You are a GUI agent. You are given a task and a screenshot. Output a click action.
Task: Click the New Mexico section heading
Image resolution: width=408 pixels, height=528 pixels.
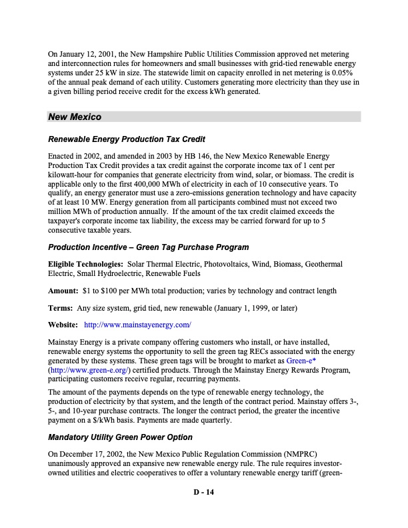point(75,117)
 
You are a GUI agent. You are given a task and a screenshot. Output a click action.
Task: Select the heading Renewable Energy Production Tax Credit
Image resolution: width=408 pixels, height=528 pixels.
point(126,139)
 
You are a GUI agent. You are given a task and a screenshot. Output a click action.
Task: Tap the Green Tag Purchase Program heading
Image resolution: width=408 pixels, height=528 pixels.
point(148,247)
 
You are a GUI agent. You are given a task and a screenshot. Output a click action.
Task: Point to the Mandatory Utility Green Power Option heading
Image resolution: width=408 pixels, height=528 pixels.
point(120,437)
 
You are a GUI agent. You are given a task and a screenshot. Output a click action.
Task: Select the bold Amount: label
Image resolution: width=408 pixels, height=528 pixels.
point(63,291)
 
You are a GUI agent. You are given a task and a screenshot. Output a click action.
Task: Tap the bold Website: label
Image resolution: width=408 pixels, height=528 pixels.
point(64,325)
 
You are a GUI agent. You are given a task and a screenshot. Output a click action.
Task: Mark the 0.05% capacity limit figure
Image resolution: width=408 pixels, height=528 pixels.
point(350,72)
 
